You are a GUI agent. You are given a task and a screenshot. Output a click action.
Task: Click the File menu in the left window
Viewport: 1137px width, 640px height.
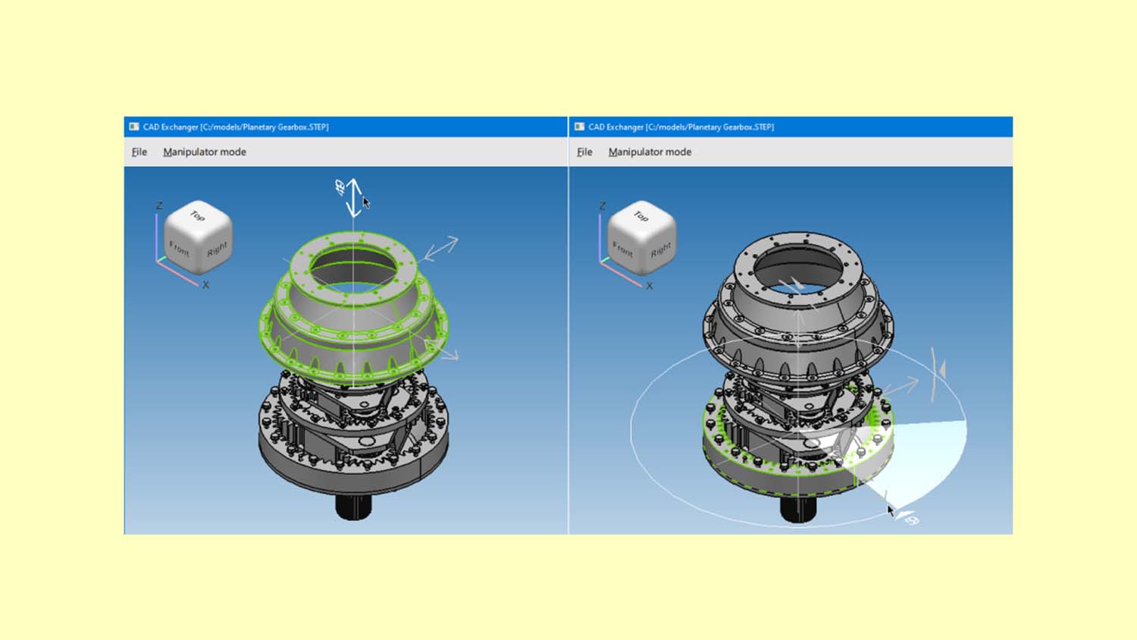coord(139,152)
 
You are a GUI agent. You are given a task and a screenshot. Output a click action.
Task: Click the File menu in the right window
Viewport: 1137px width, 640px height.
coord(584,152)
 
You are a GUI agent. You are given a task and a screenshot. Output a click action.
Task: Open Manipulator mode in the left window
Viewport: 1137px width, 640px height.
coord(204,152)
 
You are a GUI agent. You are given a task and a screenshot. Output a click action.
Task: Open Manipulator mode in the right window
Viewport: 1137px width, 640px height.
coord(650,152)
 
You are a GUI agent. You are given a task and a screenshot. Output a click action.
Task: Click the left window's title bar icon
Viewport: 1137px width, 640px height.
coord(134,127)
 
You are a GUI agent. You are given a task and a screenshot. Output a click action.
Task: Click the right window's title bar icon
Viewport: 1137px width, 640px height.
coord(580,127)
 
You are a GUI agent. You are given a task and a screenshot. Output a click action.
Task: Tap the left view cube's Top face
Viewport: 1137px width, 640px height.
coord(198,217)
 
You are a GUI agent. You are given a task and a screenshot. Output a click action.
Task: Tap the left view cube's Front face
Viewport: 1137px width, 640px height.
coord(180,249)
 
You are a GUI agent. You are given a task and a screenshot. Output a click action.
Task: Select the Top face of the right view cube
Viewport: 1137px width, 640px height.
coord(641,217)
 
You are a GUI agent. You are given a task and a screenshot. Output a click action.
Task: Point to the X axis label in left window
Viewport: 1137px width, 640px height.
coord(205,285)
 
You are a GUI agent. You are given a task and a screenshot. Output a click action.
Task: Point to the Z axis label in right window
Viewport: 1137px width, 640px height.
coord(603,205)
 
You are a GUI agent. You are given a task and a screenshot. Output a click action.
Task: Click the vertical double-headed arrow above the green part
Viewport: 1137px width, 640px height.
coord(354,197)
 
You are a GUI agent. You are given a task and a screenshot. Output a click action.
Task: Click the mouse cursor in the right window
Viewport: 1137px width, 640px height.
coord(891,510)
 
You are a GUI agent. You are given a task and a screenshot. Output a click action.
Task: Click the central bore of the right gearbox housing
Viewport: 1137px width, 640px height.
coord(797,267)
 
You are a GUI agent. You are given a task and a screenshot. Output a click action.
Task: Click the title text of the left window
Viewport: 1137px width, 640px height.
coord(236,127)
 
